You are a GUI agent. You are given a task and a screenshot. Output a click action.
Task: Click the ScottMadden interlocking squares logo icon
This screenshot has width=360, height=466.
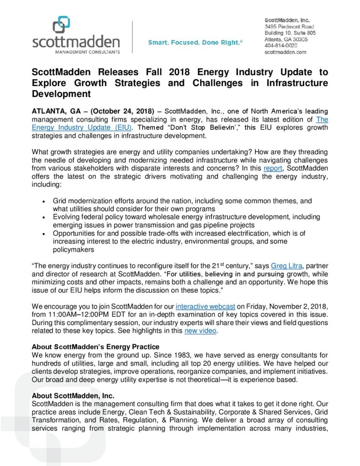pyautogui.click(x=61, y=25)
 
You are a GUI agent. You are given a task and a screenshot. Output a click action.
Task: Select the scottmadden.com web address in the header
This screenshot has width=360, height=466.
pyautogui.click(x=285, y=52)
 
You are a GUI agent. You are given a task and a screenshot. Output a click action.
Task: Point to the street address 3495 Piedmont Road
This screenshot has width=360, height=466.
pyautogui.click(x=289, y=27)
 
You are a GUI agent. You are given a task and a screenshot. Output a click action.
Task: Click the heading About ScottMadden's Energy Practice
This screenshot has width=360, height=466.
pyautogui.click(x=95, y=347)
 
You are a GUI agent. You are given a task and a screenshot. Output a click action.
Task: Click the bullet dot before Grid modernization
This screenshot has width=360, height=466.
pyautogui.click(x=43, y=201)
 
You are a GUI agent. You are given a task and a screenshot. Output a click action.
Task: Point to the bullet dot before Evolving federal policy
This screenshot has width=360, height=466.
pyautogui.click(x=43, y=217)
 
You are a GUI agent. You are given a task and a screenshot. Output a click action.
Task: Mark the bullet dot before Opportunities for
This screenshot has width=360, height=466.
pyautogui.click(x=43, y=233)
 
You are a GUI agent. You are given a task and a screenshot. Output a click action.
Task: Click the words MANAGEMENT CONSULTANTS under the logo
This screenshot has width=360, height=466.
pyautogui.click(x=76, y=52)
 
